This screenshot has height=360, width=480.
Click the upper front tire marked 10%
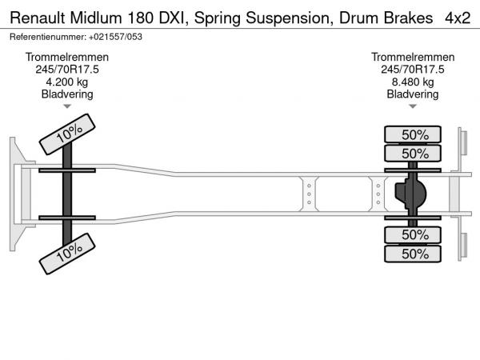pos(69,133)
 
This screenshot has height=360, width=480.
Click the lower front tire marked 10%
pos(69,254)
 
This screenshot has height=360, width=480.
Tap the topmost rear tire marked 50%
pos(414,134)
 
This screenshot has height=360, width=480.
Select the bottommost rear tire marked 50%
pos(414,254)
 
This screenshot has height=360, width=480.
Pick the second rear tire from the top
pos(414,153)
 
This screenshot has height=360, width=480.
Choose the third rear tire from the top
pos(414,234)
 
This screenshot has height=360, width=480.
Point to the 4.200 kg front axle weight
pos(67,82)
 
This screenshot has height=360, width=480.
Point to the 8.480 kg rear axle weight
pos(413,82)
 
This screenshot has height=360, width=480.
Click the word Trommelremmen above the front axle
pos(67,58)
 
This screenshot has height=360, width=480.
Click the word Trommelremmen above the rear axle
pos(413,58)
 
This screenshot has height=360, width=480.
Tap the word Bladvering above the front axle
pos(67,94)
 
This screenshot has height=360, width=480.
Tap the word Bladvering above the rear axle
pos(413,94)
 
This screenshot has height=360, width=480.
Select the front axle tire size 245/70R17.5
pos(67,70)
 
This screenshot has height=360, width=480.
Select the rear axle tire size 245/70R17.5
pos(413,70)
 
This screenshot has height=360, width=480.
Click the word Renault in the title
pos(36,17)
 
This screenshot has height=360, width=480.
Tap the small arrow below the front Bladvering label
pos(67,106)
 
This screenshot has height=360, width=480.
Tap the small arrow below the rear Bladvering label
pos(413,106)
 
